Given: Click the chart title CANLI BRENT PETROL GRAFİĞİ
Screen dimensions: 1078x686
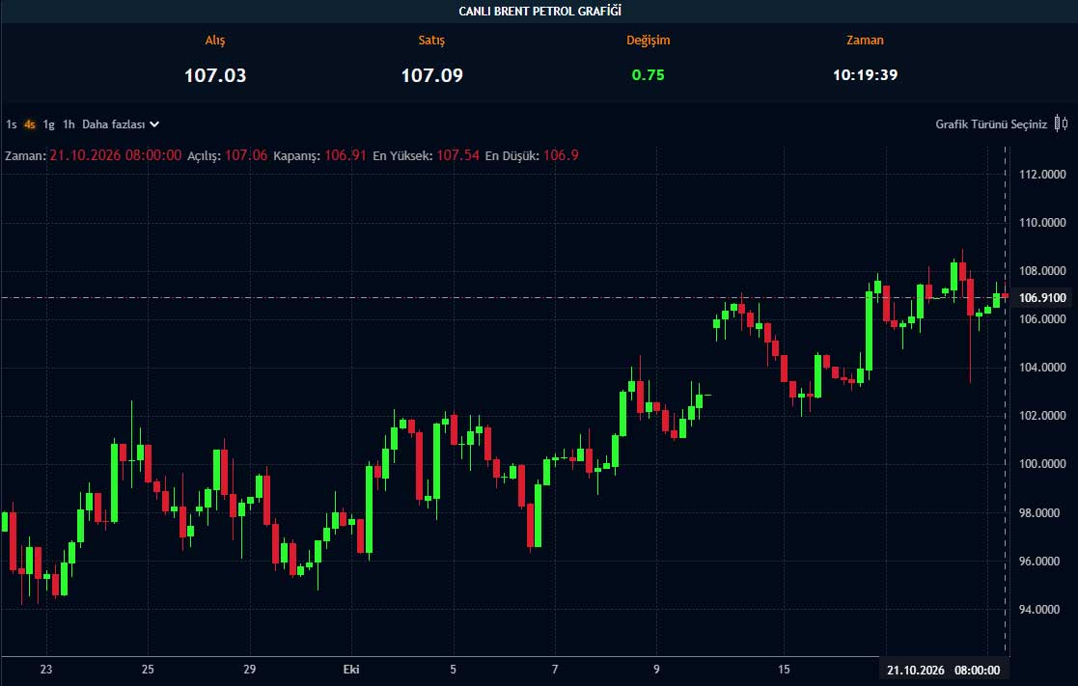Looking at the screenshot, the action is pos(539,11).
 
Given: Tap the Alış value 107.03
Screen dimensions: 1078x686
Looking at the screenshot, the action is pos(215,75).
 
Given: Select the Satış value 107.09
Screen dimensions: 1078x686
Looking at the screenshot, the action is pos(431,75).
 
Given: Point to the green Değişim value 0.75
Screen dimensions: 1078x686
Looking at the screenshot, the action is pos(649,75).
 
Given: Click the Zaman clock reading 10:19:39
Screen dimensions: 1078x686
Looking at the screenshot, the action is pos(865,75).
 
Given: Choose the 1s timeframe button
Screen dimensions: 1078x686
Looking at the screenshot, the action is pos(11,124).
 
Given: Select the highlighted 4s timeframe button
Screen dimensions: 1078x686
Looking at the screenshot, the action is pos(30,124).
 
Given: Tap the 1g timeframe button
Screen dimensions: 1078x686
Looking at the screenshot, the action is pos(49,124).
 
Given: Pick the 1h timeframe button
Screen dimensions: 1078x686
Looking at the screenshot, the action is pos(69,124).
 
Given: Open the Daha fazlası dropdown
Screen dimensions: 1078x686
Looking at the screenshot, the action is pos(121,124).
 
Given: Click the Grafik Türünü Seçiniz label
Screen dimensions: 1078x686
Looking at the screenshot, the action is pos(991,124).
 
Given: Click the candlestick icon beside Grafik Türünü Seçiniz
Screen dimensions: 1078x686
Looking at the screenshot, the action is pos(1061,123).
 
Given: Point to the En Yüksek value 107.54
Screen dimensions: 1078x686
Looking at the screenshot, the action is pos(457,155).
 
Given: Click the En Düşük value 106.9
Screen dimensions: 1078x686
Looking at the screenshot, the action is pos(561,155).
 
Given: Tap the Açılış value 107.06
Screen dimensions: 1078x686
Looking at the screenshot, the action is pos(246,155).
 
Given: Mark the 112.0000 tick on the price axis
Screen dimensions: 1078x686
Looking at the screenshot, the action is pos(1042,175).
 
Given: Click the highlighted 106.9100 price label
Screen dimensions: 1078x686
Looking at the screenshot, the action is pos(1042,297).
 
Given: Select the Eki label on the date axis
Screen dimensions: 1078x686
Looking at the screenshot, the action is pos(350,670).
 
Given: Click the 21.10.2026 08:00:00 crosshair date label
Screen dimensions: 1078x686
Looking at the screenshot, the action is pos(943,671).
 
